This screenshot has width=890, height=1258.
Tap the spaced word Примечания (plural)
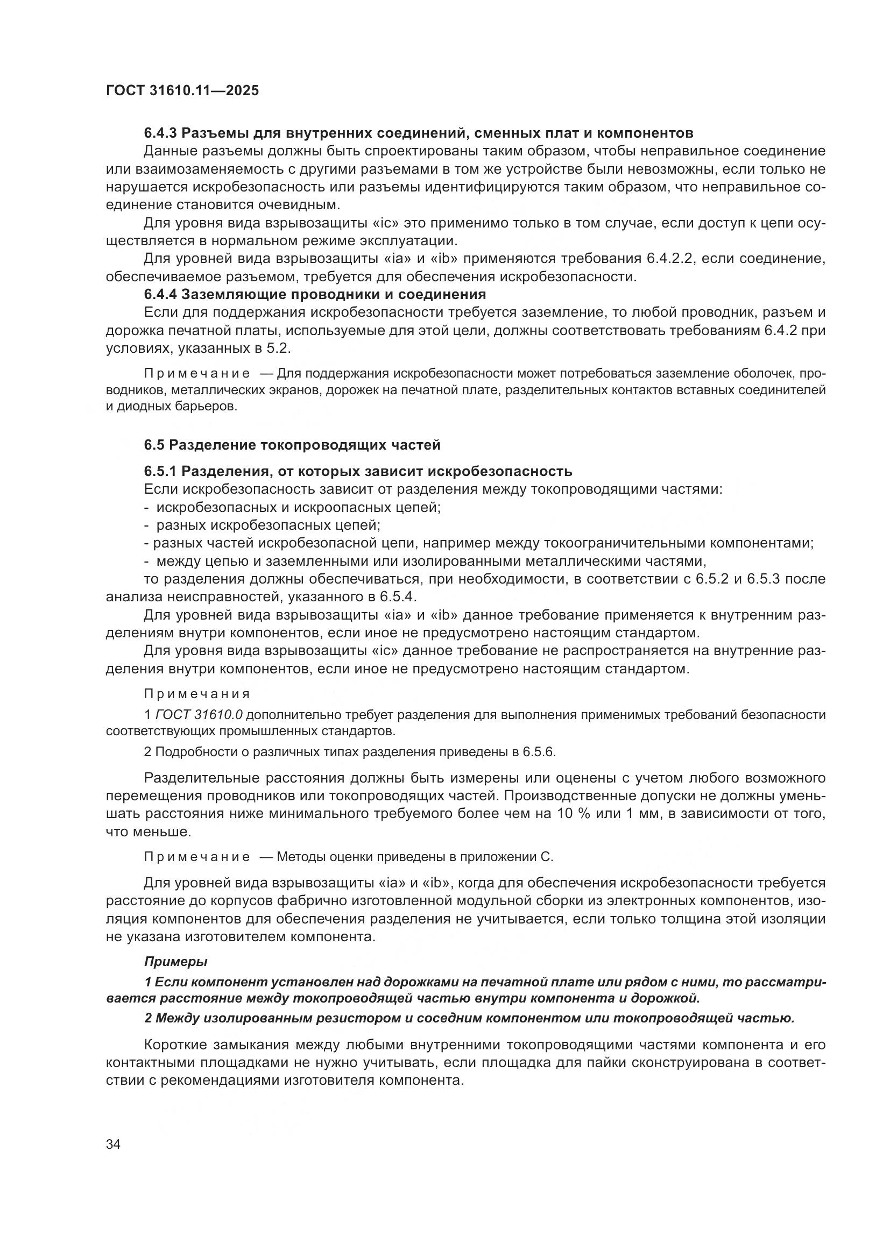(197, 694)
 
